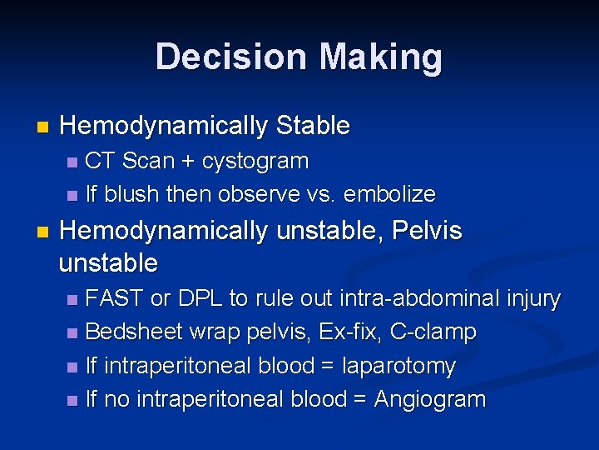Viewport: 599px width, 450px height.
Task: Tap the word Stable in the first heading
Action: point(313,127)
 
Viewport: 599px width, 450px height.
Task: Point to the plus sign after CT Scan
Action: point(191,161)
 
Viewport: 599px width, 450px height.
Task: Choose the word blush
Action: point(131,194)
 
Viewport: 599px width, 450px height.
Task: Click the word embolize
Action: point(389,194)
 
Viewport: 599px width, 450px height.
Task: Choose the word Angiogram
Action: point(429,399)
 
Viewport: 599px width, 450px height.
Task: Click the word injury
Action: point(533,298)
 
